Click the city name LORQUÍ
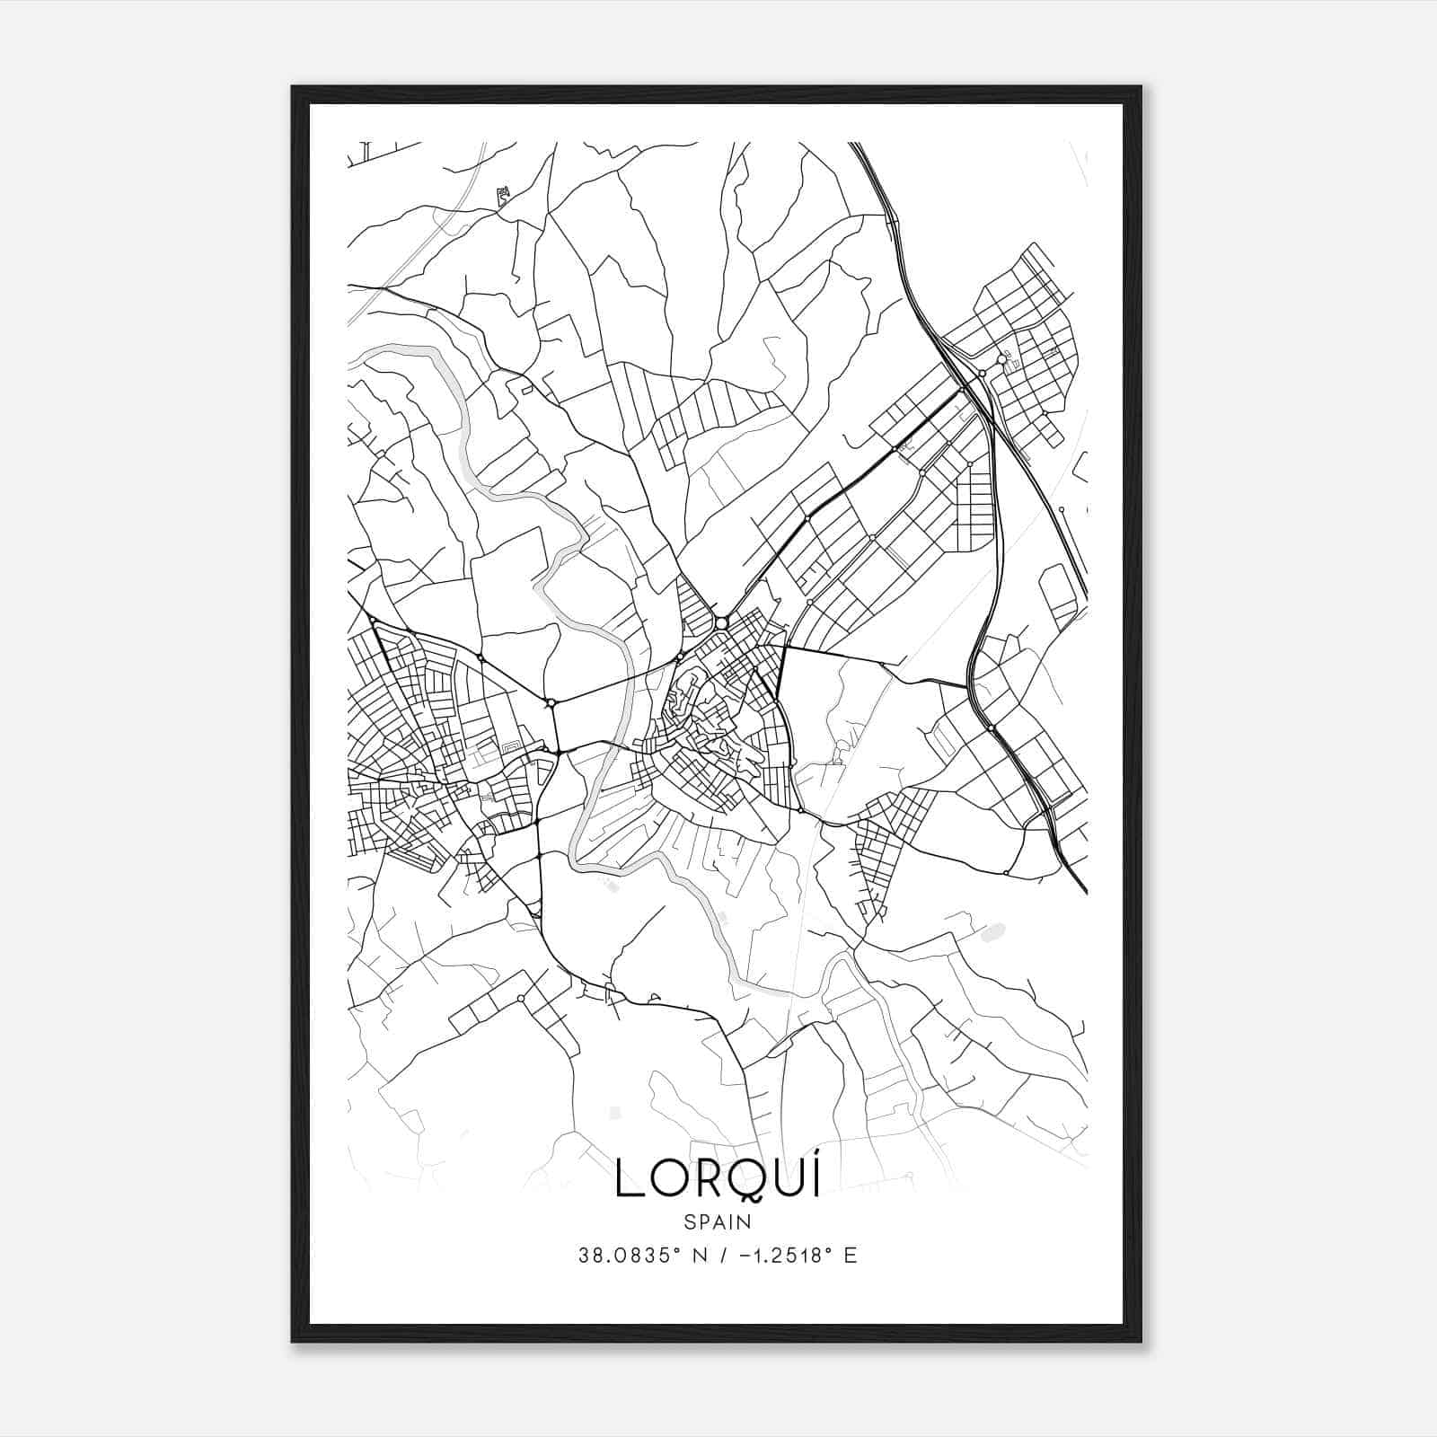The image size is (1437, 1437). pos(718,1179)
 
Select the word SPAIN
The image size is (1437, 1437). pos(718,1221)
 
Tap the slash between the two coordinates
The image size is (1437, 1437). pos(712,1255)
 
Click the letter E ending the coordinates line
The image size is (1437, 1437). pos(851,1255)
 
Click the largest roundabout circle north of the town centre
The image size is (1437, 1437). pos(721,622)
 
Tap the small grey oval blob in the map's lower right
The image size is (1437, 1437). pos(992,933)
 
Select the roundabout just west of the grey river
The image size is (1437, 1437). pos(551,701)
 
